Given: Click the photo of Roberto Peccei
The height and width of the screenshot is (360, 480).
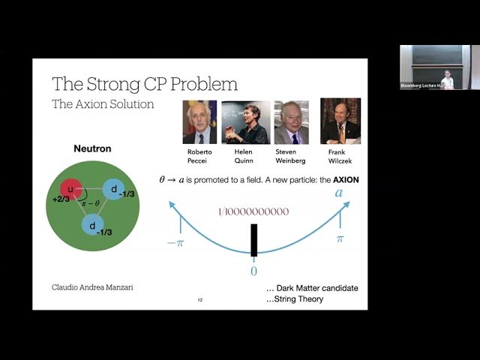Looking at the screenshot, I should coord(199,122).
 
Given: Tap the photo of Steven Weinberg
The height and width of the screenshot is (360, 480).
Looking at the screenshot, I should coord(291,122).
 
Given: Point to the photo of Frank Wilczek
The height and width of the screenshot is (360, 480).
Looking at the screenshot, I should coord(340,121).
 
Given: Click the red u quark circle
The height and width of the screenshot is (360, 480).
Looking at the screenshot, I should coord(72,190).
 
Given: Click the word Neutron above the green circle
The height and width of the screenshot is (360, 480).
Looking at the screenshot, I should coord(92,148).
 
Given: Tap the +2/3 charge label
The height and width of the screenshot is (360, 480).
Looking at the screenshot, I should coord(63,201).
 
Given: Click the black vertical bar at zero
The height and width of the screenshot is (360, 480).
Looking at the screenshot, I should coord(254,240).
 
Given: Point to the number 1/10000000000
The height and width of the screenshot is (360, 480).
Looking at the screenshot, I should coord(253,212).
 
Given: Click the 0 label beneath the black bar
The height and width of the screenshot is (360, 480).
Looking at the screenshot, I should coord(254,271).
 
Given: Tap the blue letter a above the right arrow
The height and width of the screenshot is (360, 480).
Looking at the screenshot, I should coord(338,193).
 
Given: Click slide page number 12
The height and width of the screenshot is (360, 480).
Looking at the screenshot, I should coord(200,300).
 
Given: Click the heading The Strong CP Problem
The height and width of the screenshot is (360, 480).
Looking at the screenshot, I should coord(144,83).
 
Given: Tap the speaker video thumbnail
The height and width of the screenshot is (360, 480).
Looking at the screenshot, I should coord(427,67).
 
